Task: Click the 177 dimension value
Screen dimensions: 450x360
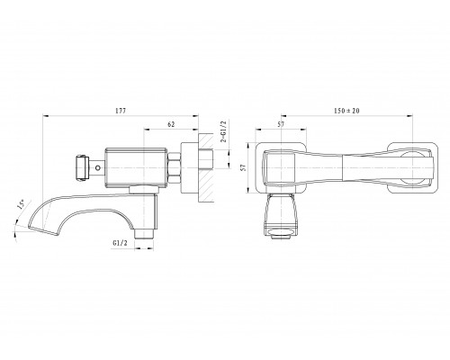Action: (121, 111)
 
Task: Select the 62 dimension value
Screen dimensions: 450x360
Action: (171, 124)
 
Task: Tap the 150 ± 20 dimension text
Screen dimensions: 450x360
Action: (346, 111)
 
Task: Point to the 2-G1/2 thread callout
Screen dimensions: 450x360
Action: (223, 131)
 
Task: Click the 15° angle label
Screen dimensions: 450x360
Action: (22, 204)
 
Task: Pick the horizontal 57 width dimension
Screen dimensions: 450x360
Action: (281, 124)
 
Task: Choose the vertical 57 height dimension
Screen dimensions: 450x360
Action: (244, 167)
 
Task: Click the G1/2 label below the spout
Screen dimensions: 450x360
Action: (120, 243)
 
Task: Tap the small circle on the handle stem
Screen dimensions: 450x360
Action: (97, 167)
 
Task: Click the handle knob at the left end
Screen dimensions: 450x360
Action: (82, 167)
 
